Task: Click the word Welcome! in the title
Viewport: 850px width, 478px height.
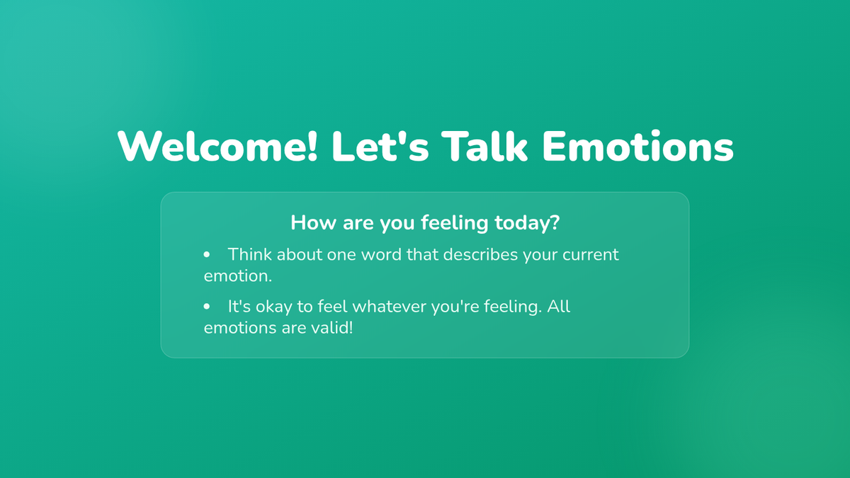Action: [217, 147]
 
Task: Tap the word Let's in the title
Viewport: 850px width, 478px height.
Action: [380, 147]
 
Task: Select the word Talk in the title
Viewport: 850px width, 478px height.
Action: [484, 146]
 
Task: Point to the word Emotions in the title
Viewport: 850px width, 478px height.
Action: [637, 147]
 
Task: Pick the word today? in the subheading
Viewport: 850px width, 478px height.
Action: [527, 223]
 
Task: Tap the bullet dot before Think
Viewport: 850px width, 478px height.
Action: [206, 254]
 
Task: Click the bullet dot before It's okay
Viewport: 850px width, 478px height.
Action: [206, 307]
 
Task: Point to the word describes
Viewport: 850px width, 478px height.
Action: [480, 254]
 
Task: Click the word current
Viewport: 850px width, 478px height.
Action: [591, 255]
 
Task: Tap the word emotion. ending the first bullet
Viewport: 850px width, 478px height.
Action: [238, 276]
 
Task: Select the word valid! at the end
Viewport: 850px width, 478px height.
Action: [332, 328]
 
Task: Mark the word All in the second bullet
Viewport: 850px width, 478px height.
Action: [559, 306]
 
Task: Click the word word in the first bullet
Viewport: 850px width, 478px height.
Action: [381, 254]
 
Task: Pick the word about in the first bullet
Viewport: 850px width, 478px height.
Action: [300, 254]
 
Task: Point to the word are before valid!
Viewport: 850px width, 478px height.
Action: [294, 329]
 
